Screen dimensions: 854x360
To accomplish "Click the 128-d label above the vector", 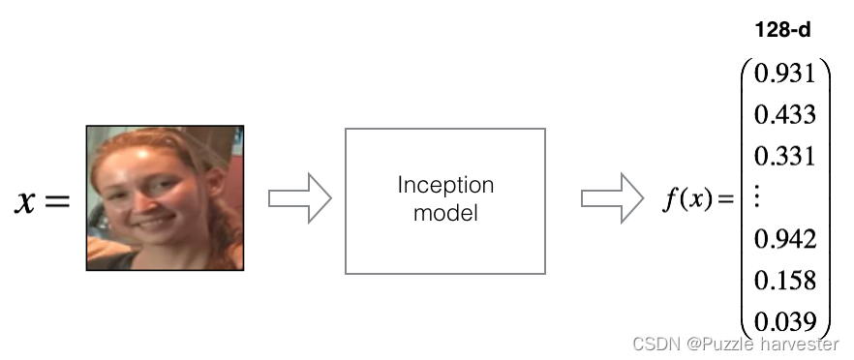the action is (x=782, y=30).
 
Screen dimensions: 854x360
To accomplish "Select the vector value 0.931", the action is (x=784, y=74).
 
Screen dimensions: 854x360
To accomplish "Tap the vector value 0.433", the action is (x=785, y=115).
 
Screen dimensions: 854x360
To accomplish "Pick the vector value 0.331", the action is (x=785, y=157).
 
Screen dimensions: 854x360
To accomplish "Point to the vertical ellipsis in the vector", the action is (x=757, y=197).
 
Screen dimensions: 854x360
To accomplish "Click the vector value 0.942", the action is (x=785, y=239).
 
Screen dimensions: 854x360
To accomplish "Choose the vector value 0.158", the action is (x=785, y=281).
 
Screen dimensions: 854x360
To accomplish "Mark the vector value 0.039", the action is (x=785, y=322).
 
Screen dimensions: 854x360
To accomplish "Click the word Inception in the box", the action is (x=445, y=186).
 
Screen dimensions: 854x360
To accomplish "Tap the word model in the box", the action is (x=445, y=212).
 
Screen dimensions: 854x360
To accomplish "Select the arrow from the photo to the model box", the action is (x=299, y=198).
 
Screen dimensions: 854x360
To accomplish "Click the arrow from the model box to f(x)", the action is (x=612, y=198).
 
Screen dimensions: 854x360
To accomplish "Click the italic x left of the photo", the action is (x=24, y=201).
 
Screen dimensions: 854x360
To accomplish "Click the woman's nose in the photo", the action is (x=142, y=203).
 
